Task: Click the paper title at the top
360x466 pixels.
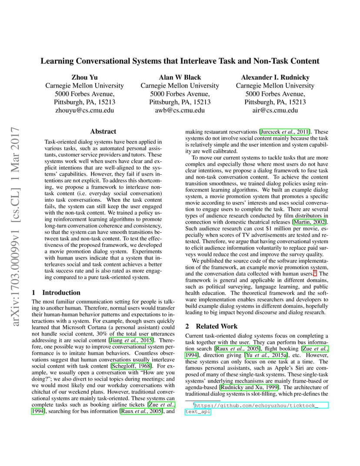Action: click(x=180, y=61)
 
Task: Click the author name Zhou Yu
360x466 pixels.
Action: click(x=84, y=77)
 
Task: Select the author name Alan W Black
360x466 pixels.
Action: click(x=180, y=77)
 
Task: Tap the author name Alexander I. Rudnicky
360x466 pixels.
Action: click(x=275, y=77)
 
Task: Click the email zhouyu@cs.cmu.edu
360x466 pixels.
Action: click(x=84, y=110)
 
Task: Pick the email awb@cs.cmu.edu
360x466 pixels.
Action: click(x=180, y=110)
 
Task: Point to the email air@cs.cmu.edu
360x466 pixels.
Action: click(x=275, y=110)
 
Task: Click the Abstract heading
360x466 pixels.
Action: click(x=103, y=131)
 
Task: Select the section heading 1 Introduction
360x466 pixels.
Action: click(x=57, y=293)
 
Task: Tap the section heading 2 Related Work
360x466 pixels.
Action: click(x=211, y=326)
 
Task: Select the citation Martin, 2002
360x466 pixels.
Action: click(x=310, y=223)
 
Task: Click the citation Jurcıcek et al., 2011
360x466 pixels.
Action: click(x=285, y=132)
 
